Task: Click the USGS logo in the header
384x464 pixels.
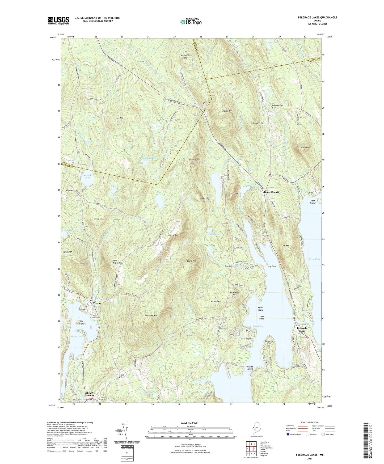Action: click(x=58, y=20)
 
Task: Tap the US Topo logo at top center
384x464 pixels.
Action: click(x=191, y=22)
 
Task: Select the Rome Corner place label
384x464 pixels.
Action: click(x=271, y=192)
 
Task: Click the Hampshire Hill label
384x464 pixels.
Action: click(x=186, y=57)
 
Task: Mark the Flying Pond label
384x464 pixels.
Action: click(x=77, y=336)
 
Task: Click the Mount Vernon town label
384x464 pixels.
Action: click(x=89, y=394)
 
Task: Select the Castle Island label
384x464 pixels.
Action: click(x=250, y=368)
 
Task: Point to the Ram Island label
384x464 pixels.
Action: click(x=313, y=202)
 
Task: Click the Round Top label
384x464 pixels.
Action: click(x=191, y=261)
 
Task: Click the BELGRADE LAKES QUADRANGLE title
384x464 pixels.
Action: click(x=317, y=18)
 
